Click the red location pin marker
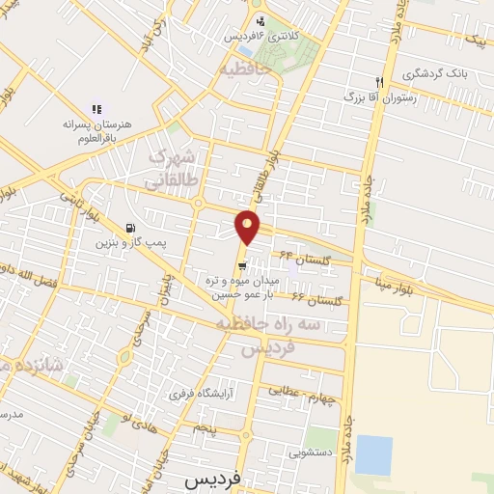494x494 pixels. [249, 228]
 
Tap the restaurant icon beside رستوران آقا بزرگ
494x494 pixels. [380, 82]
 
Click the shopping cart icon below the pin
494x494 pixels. [245, 265]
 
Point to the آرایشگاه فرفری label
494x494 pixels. [196, 394]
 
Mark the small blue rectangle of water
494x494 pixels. [373, 455]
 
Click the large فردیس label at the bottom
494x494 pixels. [214, 478]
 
